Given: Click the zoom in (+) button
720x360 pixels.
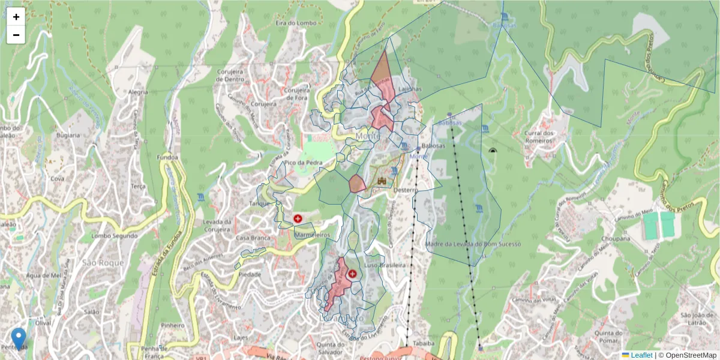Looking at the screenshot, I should point(16,17).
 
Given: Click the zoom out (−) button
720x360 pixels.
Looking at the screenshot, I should point(16,35).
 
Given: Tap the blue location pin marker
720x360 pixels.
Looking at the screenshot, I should point(19,338).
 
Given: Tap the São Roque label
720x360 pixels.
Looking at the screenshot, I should point(103,263).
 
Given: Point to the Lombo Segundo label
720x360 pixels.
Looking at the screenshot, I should point(115,236).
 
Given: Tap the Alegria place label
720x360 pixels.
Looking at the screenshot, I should point(137,92).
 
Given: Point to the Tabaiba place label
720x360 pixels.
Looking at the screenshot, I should point(424,344).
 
